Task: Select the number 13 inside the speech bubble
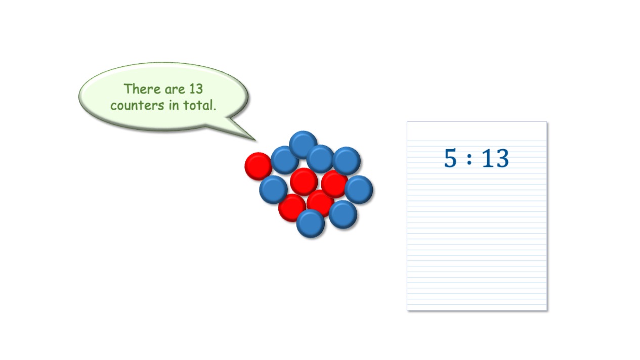coord(196,89)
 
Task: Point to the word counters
coord(137,106)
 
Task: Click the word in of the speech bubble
coord(174,105)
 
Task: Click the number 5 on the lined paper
coord(450,158)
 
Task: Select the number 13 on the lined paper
coord(495,158)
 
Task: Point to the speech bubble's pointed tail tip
coord(255,141)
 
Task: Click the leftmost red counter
coord(259,166)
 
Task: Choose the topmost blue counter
coord(303,145)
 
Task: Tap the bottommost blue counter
coord(311,223)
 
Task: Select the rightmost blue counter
coord(359,190)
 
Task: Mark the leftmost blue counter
coord(273,190)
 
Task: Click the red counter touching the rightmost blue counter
coord(334,184)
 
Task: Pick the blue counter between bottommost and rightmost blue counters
coord(343,214)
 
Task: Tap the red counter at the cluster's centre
coord(304,182)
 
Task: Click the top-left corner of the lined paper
coord(407,122)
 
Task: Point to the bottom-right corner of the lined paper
coord(546,310)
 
